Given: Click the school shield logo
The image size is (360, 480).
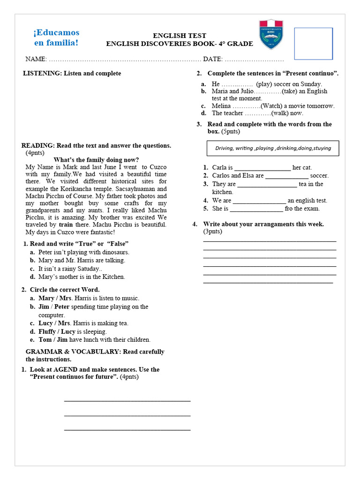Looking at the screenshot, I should click(x=271, y=34).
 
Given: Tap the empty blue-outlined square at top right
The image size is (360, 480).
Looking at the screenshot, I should click(x=313, y=44).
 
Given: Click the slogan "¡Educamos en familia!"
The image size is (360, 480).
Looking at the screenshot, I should click(x=56, y=38).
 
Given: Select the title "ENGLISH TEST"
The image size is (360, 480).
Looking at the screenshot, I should click(x=180, y=36).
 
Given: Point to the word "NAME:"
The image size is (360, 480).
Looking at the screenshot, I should click(x=36, y=60).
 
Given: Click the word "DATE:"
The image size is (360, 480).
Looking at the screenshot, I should click(x=213, y=60).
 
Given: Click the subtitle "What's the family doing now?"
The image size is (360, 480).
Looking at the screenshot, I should click(x=96, y=160).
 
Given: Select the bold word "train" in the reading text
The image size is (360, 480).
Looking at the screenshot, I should click(x=66, y=225).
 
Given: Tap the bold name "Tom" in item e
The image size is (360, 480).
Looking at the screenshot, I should click(x=45, y=340).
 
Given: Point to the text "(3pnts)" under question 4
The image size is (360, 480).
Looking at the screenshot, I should click(x=213, y=232).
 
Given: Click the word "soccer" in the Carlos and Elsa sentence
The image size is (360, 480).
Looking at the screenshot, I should click(x=319, y=176).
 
